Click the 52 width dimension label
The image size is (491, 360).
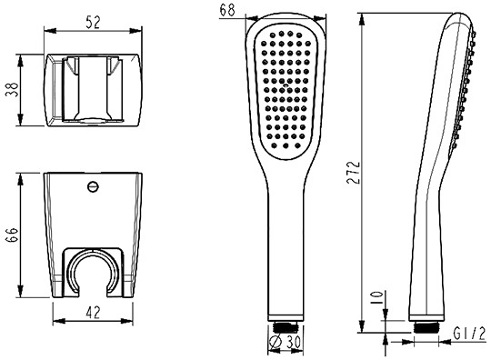[93, 23]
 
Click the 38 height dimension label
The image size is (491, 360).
[13, 90]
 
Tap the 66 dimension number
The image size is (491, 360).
[13, 235]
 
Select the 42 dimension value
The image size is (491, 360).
[93, 313]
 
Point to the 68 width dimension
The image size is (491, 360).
[227, 9]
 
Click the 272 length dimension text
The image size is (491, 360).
[354, 172]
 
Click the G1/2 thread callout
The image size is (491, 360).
[470, 334]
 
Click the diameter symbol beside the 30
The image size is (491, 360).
[275, 342]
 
